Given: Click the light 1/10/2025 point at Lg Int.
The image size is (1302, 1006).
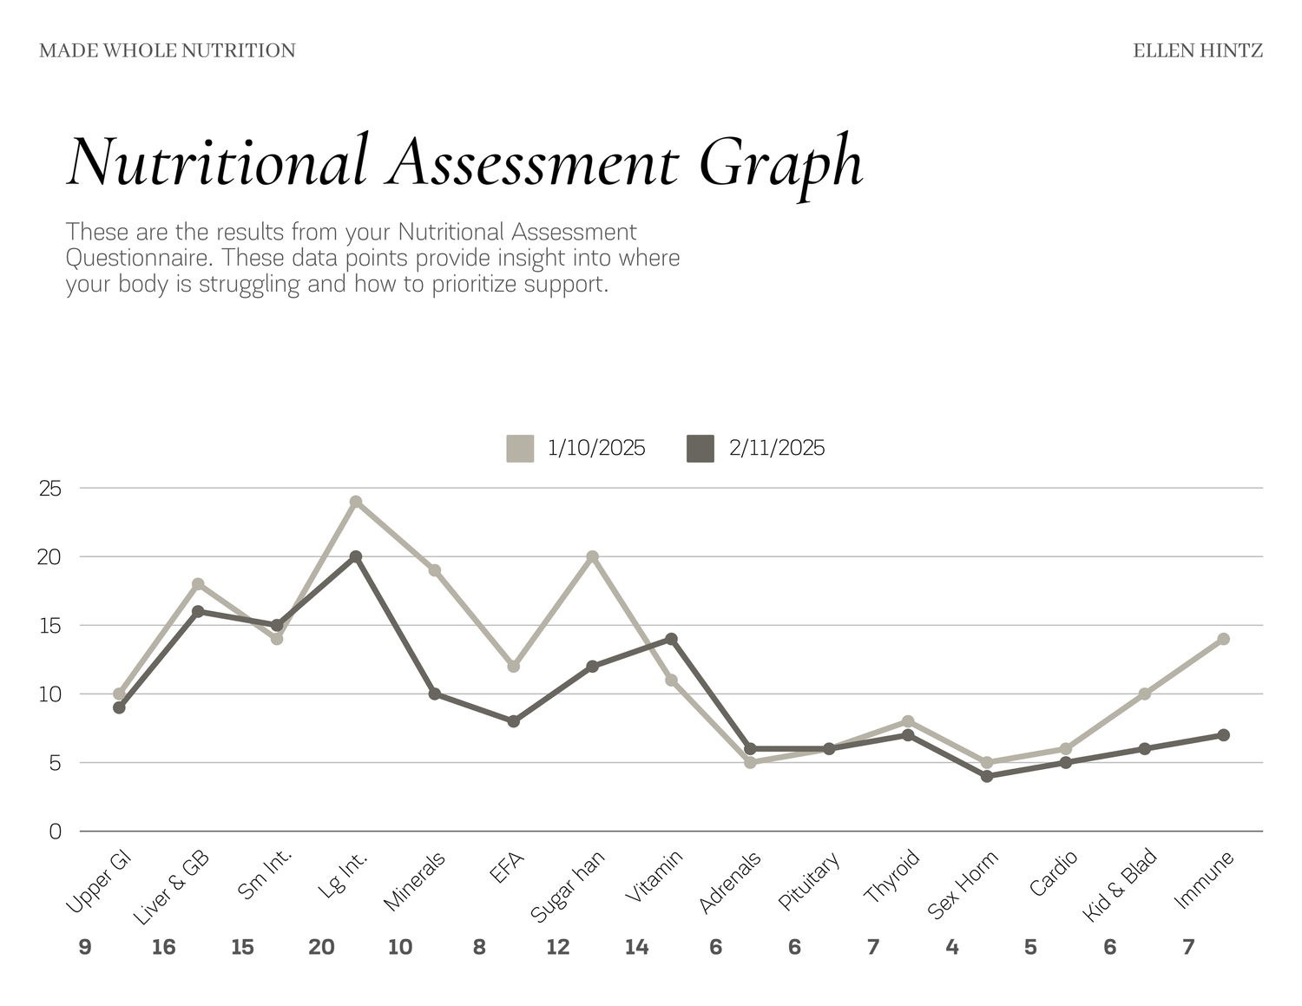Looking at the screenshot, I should pos(355,502).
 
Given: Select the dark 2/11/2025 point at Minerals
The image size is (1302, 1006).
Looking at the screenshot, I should pos(434,694).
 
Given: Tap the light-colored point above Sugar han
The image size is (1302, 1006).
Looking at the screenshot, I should pos(592,556).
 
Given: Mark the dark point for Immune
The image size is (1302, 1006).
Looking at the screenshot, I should pos(1223,735).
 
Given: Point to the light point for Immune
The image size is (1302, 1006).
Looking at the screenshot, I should pos(1223,639).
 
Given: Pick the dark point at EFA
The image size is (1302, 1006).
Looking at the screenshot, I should pos(513,721).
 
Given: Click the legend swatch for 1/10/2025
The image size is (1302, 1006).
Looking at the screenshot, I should pos(520,449).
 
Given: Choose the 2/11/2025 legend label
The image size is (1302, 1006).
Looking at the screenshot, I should pos(776,449).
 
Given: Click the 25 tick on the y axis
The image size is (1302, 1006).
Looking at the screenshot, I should pos(51,489).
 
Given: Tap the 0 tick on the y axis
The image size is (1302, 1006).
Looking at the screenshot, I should pos(56,832).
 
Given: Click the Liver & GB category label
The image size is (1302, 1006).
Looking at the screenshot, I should pos(172,887).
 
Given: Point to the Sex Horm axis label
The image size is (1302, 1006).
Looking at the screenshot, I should pos(963,884).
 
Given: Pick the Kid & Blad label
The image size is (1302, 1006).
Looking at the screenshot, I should pos(1121,885).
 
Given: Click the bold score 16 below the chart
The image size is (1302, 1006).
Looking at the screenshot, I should pos(163,947).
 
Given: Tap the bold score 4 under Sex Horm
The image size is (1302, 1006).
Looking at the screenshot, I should pos(952,947).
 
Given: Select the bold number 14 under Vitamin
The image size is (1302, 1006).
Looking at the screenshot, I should pos(636,947).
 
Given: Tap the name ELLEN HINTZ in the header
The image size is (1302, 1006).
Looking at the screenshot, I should pos(1198,51).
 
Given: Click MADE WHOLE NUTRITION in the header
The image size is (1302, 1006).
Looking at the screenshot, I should pos(168,51).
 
